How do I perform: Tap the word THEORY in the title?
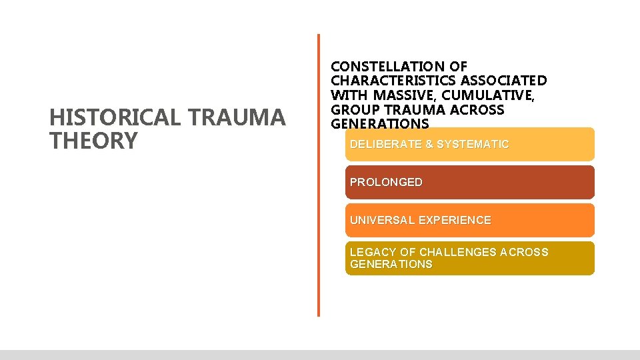point(93,141)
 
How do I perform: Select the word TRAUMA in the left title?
point(237,118)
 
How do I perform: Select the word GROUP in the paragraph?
point(355,110)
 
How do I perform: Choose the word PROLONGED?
point(386,182)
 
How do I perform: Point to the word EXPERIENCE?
point(460,220)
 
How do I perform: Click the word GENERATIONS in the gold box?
point(391,264)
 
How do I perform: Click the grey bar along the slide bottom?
point(320,355)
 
